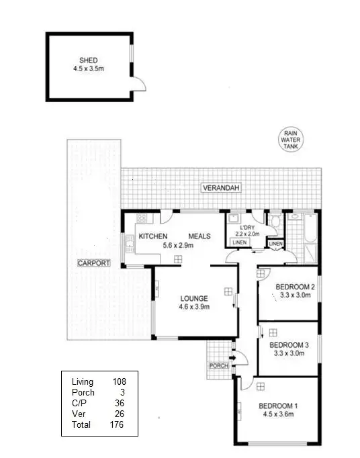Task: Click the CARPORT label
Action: click(x=93, y=263)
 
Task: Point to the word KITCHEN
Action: click(x=153, y=236)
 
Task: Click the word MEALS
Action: click(x=200, y=236)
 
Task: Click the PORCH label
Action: click(x=218, y=366)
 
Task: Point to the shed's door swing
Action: click(x=138, y=83)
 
